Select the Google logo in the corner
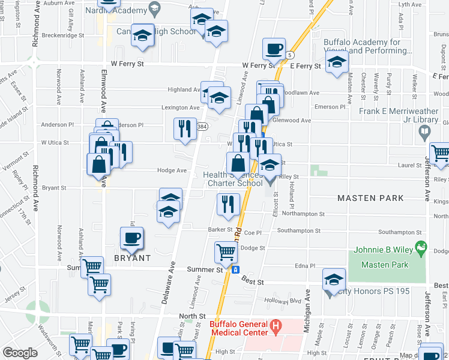pos(20,352)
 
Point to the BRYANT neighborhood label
pos(132,257)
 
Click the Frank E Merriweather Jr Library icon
pos(426,131)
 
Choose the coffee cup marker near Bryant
pos(131,238)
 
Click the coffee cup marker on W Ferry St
pos(274,49)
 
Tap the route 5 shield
pos(290,55)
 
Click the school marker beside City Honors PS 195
pos(334,280)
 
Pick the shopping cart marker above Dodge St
pos(226,251)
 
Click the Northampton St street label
pos(303,213)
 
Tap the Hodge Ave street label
pos(171,170)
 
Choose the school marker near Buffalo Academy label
pos(337,62)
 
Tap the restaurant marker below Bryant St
pos(228,204)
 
